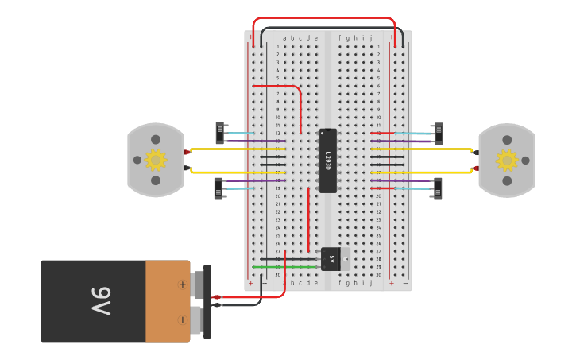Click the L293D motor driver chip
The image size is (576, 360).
click(x=327, y=161)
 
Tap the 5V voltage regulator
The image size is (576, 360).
click(x=331, y=258)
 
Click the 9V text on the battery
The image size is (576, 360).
click(x=101, y=301)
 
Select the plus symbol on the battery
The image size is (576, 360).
click(x=182, y=285)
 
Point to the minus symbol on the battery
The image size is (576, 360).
click(x=182, y=319)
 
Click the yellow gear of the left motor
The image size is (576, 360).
click(x=155, y=160)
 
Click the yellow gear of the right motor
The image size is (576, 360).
click(x=507, y=161)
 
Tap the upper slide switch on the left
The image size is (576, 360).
click(x=220, y=133)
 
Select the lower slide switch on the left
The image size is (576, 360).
click(x=218, y=188)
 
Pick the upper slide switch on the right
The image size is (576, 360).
click(x=438, y=134)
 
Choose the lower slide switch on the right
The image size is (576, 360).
click(x=437, y=188)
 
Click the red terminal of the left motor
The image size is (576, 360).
click(x=187, y=151)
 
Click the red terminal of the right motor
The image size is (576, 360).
click(x=475, y=168)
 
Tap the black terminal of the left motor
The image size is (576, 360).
click(x=187, y=168)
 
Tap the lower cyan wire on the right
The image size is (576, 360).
click(x=413, y=188)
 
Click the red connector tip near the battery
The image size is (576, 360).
click(x=215, y=297)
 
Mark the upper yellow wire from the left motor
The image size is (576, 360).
click(x=230, y=149)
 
